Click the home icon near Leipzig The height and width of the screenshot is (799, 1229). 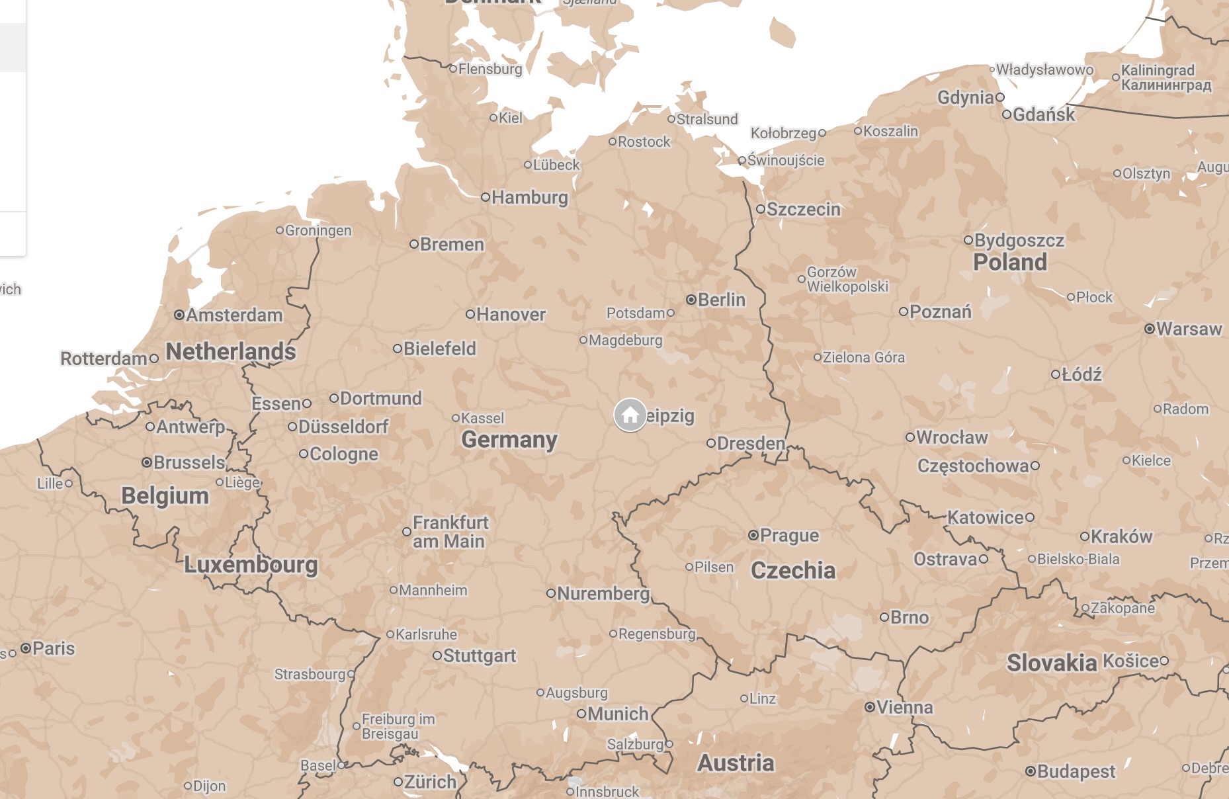(x=630, y=415)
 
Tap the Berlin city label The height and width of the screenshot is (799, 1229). (x=721, y=300)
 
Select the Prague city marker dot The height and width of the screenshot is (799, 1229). (x=753, y=535)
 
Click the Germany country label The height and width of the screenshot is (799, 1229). (x=509, y=440)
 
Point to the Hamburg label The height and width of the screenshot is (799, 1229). (x=529, y=197)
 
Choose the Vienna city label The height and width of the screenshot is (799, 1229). (x=904, y=707)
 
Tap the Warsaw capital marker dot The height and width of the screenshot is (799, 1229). (x=1150, y=329)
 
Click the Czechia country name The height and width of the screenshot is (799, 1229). (x=792, y=570)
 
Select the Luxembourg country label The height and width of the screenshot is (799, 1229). (x=251, y=564)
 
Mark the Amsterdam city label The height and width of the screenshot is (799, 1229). (x=234, y=315)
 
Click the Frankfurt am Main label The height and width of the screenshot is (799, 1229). (x=450, y=532)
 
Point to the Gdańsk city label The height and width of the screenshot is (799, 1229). (x=1044, y=114)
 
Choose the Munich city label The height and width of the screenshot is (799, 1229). (x=618, y=714)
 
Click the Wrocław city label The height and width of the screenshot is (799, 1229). (x=952, y=437)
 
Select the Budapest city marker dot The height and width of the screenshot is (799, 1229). (x=1030, y=771)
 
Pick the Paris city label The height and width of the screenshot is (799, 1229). (x=54, y=648)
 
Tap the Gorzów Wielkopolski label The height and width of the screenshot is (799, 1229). (x=847, y=279)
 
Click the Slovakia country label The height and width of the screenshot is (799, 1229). (x=1051, y=662)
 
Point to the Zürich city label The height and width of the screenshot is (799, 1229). (x=430, y=782)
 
